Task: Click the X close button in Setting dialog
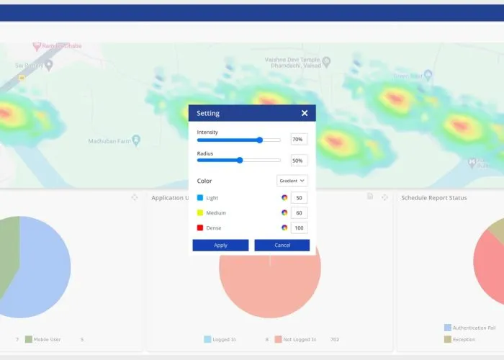(x=305, y=113)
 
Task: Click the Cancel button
(x=282, y=245)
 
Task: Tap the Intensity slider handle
(x=259, y=140)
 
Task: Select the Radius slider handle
(x=240, y=161)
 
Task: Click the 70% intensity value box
(x=298, y=140)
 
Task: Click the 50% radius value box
(x=298, y=161)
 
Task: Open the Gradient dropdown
(x=292, y=181)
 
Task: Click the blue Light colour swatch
(x=200, y=197)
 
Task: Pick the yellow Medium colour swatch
(x=200, y=212)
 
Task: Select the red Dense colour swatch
(x=200, y=228)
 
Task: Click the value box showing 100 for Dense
(x=299, y=228)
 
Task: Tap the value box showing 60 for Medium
(x=299, y=212)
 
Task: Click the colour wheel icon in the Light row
(x=284, y=197)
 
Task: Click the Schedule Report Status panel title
(x=433, y=198)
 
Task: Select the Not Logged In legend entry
(x=300, y=339)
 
